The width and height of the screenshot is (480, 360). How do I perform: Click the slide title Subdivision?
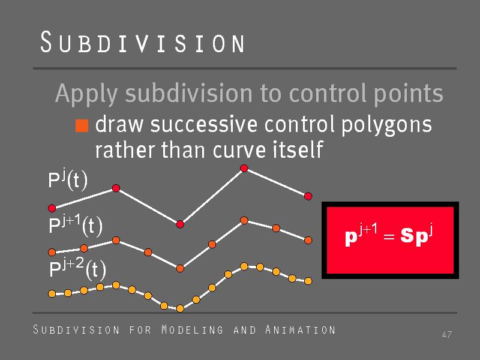tap(142, 42)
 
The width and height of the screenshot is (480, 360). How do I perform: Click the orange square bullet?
tap(82, 125)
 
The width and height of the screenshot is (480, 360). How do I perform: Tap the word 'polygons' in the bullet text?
tap(386, 125)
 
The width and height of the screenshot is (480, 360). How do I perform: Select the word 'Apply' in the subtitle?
tap(86, 94)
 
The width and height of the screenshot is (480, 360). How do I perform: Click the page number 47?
tap(446, 334)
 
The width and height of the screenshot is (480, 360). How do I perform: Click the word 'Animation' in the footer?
tap(301, 329)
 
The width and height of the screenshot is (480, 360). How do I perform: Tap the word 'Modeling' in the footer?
tap(192, 329)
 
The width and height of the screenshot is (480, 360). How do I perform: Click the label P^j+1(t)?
tap(76, 225)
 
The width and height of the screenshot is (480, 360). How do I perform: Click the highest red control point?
tap(244, 168)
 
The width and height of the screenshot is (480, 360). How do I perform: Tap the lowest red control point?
tap(180, 224)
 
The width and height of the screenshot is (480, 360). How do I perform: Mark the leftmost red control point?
tap(52, 208)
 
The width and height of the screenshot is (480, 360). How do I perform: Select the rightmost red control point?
tap(308, 196)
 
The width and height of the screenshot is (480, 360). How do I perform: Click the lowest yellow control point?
tap(180, 308)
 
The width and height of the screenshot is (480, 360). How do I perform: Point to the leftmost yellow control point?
tap(52, 294)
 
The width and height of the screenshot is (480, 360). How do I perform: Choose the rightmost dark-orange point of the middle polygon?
tap(308, 240)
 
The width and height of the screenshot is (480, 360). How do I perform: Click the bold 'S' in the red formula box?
tap(406, 235)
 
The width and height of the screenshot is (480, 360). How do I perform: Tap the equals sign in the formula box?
tap(389, 236)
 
